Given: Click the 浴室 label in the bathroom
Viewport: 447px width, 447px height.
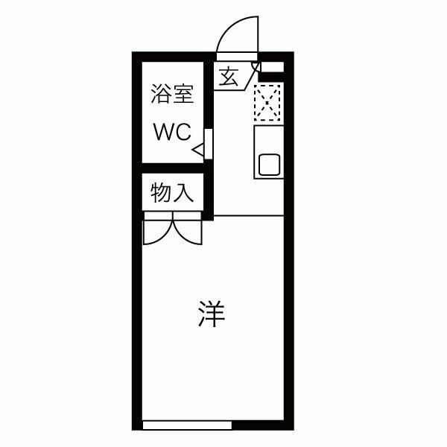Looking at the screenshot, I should coord(173,95).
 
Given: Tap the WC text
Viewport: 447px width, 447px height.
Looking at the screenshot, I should coord(173,132).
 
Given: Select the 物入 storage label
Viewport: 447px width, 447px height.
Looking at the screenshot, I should coord(173,193).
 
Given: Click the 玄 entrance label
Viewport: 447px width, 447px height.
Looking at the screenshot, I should coord(229,77).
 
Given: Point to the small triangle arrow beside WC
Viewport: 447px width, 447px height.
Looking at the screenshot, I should coord(198,150).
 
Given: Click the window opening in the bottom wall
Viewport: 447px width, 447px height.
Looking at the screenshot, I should coord(187,425).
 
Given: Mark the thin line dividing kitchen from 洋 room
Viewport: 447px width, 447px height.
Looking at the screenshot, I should coord(248,215).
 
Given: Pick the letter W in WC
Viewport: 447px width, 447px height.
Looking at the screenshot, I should coord(164,132).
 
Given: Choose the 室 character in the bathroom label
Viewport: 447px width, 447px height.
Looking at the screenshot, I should coord(183,95).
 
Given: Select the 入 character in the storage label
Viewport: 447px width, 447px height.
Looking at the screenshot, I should coord(183,193).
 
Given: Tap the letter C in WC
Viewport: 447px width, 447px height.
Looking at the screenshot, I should coord(184,132).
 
